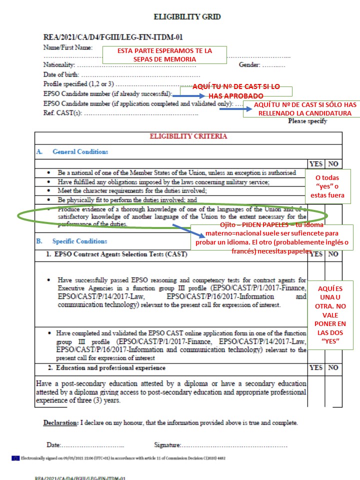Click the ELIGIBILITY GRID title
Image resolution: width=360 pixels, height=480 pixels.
(x=187, y=17)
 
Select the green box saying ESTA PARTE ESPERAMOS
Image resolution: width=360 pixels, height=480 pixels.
(x=164, y=55)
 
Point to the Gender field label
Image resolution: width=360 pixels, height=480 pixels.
(x=249, y=65)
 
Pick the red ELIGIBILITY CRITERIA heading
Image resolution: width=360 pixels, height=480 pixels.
(x=188, y=136)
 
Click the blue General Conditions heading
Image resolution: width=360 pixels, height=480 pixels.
(x=80, y=151)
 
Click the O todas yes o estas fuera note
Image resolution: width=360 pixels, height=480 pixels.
(x=327, y=186)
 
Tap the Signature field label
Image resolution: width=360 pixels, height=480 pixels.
(x=167, y=445)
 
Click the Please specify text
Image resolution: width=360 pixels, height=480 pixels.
(x=307, y=121)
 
